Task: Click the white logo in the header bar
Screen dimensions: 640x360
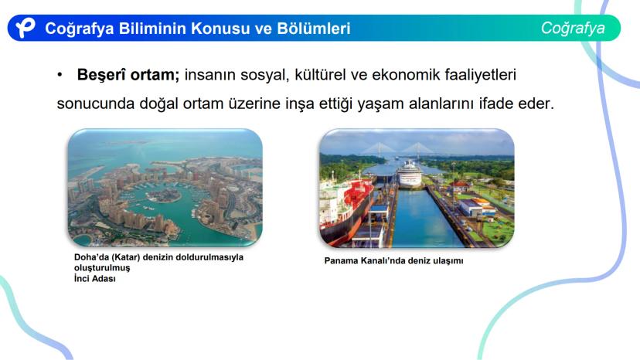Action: tap(26, 28)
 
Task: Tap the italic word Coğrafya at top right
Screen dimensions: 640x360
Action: tap(573, 28)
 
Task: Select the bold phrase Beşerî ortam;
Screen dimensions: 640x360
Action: tap(128, 75)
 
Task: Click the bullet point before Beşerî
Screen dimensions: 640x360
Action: tap(60, 75)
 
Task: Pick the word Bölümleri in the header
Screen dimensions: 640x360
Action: tap(314, 28)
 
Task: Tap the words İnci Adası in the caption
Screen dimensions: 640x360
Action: tap(95, 279)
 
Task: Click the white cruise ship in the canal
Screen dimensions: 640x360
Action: tap(410, 174)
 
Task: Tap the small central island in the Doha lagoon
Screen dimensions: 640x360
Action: tap(164, 195)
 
